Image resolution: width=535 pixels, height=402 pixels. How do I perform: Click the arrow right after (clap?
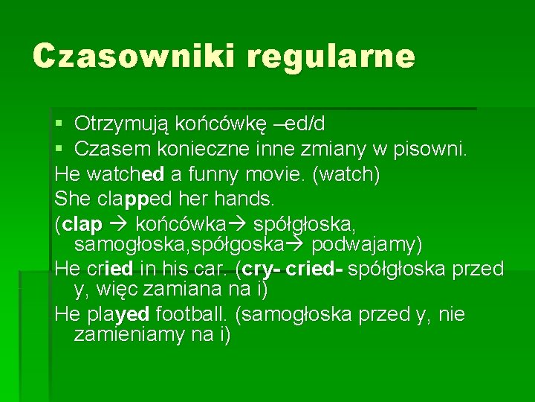tap(118, 223)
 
